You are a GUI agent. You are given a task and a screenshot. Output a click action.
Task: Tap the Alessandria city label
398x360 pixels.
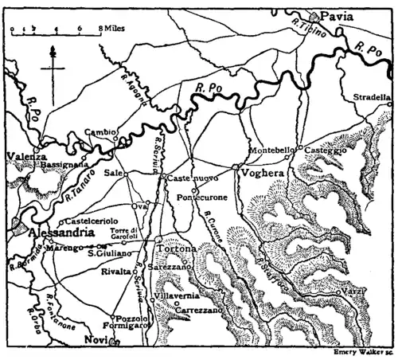(49, 234)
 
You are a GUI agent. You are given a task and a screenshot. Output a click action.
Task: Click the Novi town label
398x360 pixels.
(96, 340)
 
